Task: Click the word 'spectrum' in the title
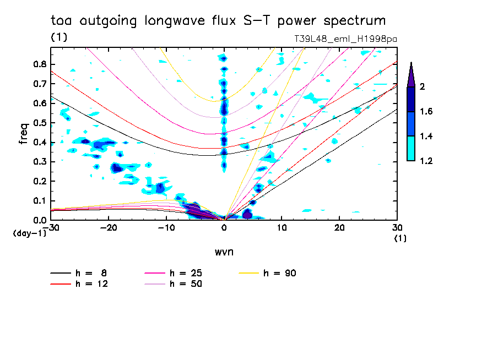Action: pos(354,21)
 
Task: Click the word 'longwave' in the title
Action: pos(175,21)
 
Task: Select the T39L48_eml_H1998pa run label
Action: pos(345,39)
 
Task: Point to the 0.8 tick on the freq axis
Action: pos(40,64)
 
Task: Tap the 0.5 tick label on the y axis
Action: pos(40,123)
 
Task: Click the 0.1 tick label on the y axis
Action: pos(40,201)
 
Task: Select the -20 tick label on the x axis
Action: pos(109,228)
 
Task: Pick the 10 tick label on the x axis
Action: pos(282,228)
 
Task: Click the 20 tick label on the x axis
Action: pos(339,228)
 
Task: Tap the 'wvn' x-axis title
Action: pos(224,252)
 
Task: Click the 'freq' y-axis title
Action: pos(24,133)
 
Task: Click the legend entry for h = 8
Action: pos(79,273)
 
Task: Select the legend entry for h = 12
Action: pos(79,284)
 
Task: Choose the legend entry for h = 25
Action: pos(174,273)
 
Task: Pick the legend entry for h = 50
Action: pos(174,284)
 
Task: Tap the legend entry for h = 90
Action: pos(267,273)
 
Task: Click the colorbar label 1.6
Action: pos(426,111)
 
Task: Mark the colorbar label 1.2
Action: pos(426,161)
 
